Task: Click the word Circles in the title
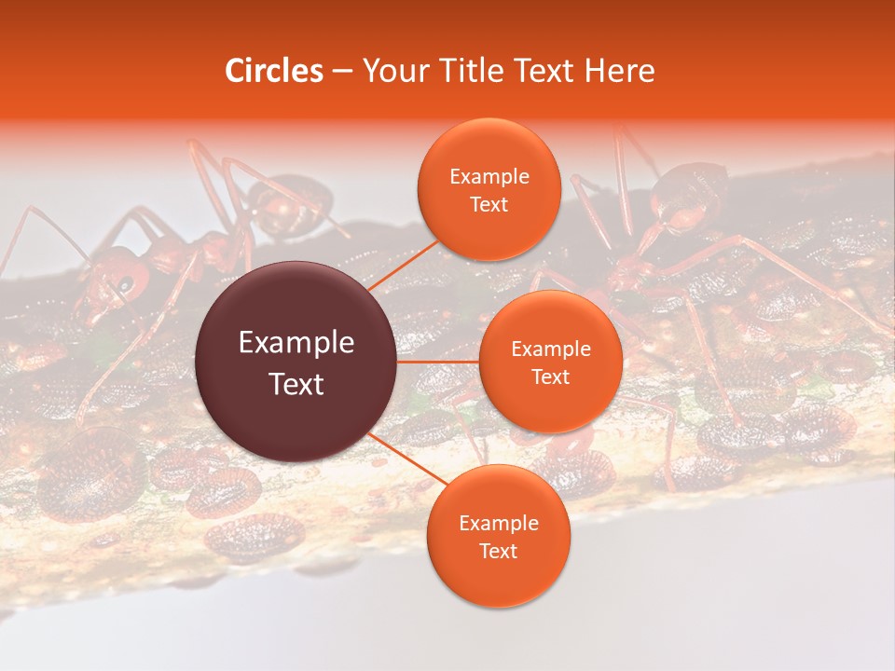pos(274,71)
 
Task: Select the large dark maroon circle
pos(296,362)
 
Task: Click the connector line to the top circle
pos(406,265)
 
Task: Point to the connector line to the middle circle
pos(438,362)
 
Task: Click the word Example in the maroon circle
pos(296,343)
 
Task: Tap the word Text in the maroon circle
pos(296,383)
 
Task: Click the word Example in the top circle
pos(489,177)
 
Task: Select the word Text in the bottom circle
pos(498,551)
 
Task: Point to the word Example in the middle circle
pos(551,349)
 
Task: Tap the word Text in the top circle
pos(489,204)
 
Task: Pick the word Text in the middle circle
pos(551,377)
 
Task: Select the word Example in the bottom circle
pos(499,524)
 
